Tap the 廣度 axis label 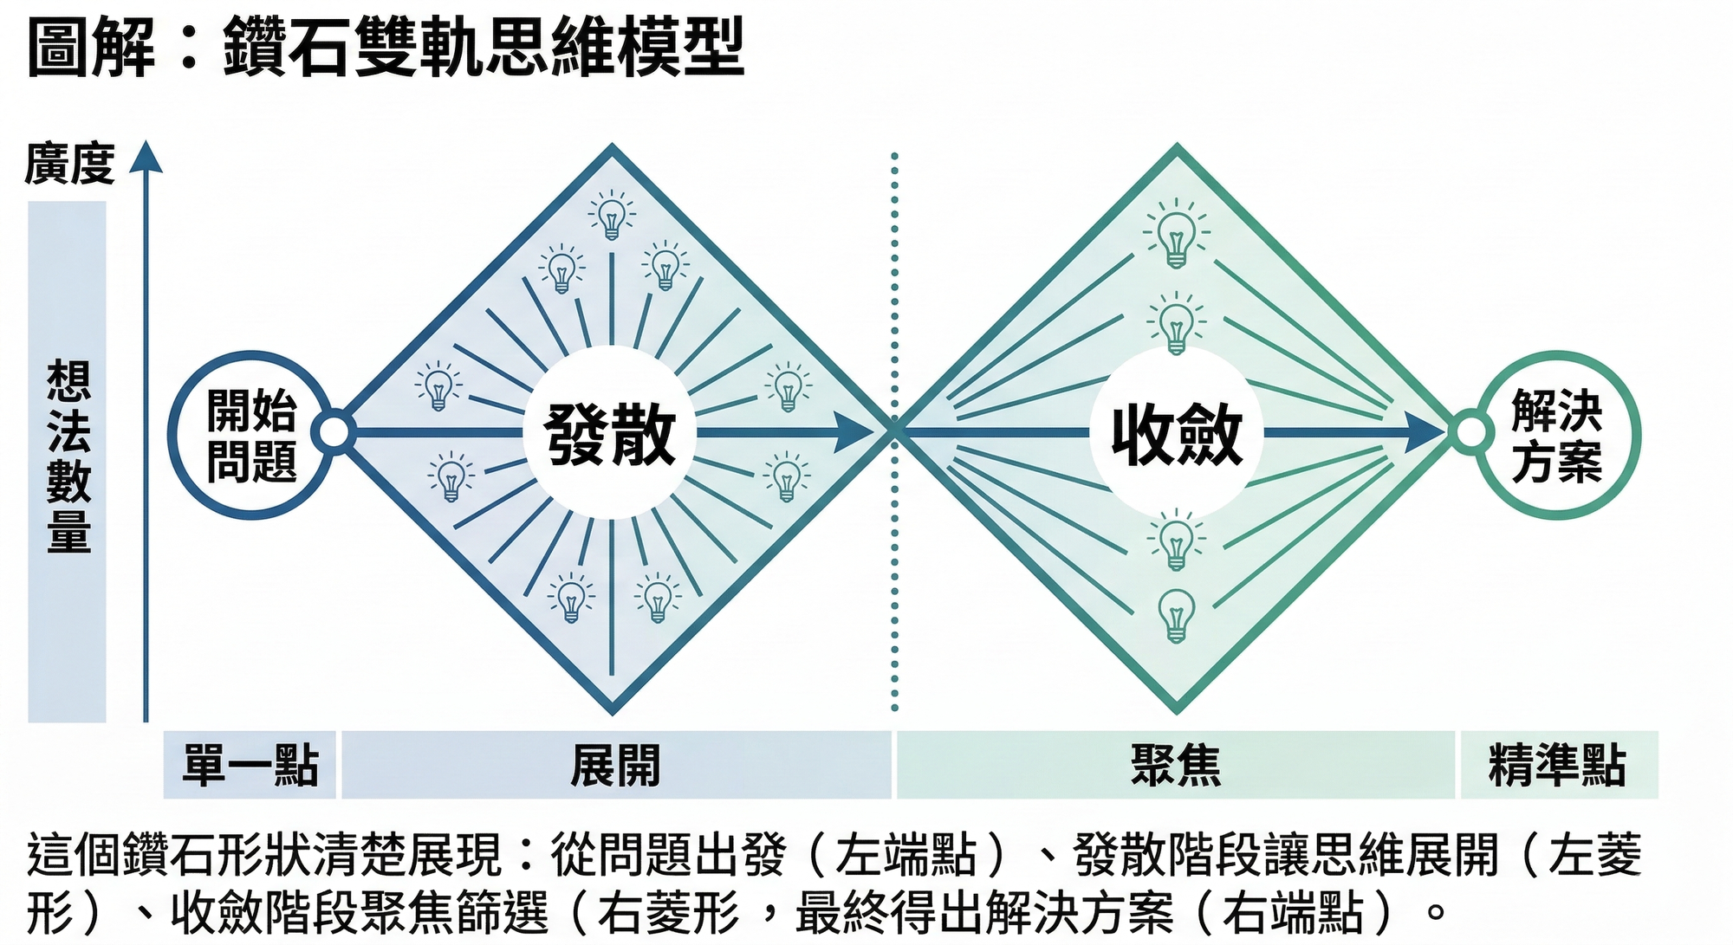tap(69, 164)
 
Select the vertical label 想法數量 tap(68, 456)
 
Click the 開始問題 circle tap(251, 435)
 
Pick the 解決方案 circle tap(1557, 435)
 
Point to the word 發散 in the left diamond tap(610, 435)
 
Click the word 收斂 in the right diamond tap(1177, 435)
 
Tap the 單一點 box tap(250, 765)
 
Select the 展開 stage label tap(615, 765)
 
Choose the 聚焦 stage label tap(1175, 765)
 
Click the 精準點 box tap(1558, 765)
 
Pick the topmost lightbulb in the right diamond tap(1176, 234)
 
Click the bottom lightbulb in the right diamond tap(1176, 615)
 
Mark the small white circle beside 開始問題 tap(334, 432)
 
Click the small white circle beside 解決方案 tap(1470, 432)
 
